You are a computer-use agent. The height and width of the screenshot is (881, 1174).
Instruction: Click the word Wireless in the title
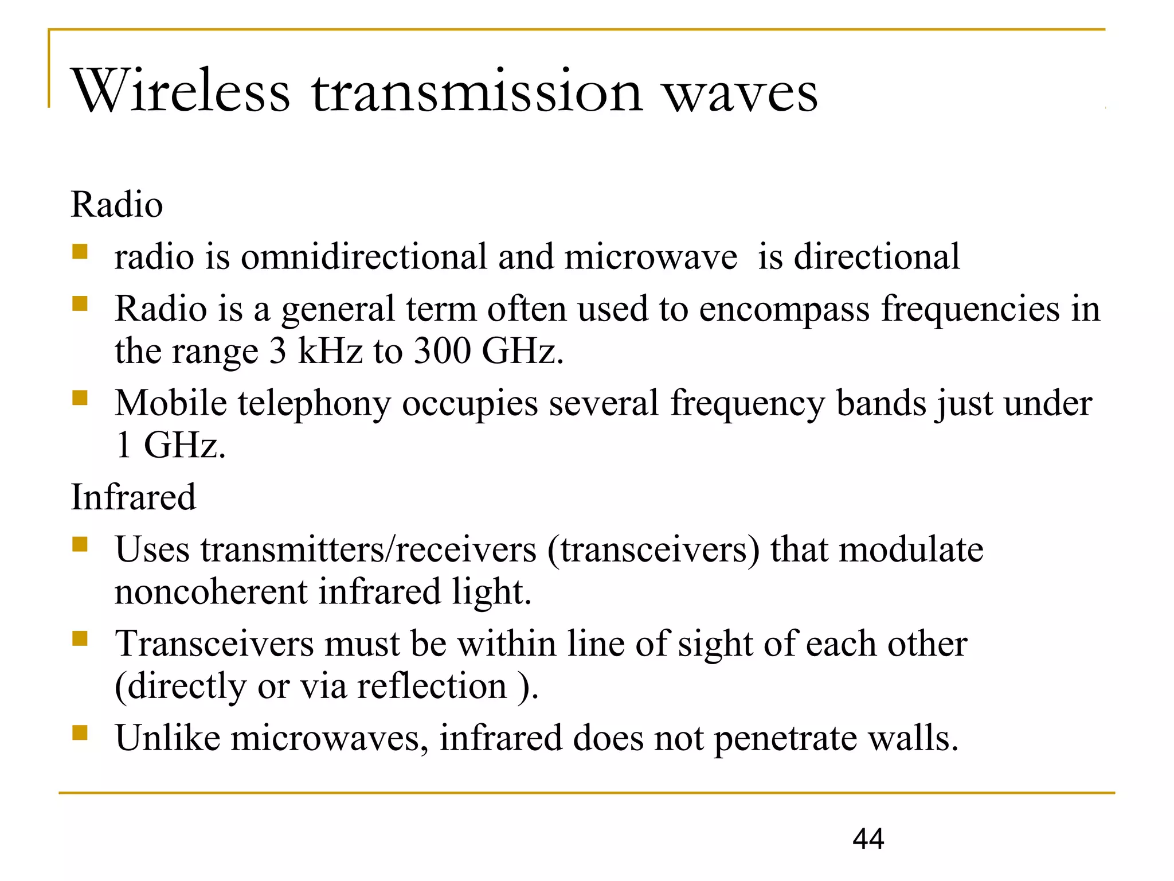tap(181, 92)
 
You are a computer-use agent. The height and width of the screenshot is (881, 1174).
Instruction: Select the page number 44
tap(868, 839)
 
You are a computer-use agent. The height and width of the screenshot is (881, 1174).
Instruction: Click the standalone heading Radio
tap(117, 205)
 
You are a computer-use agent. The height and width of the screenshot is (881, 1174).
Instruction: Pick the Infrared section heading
tap(133, 497)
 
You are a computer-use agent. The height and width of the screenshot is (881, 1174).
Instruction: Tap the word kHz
tap(330, 350)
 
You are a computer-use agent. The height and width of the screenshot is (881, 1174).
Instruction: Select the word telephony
tap(314, 404)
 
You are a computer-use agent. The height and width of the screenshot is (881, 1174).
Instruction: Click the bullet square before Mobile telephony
tap(80, 397)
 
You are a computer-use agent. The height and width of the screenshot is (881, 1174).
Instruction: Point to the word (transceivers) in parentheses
tap(653, 549)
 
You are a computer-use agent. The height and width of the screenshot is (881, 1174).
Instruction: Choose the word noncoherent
tap(211, 592)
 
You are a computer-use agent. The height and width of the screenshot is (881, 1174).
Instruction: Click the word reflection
tap(432, 686)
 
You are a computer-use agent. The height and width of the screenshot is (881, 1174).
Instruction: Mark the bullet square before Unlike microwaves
tap(80, 732)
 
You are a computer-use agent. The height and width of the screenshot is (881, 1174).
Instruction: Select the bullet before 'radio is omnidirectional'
tap(80, 251)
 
